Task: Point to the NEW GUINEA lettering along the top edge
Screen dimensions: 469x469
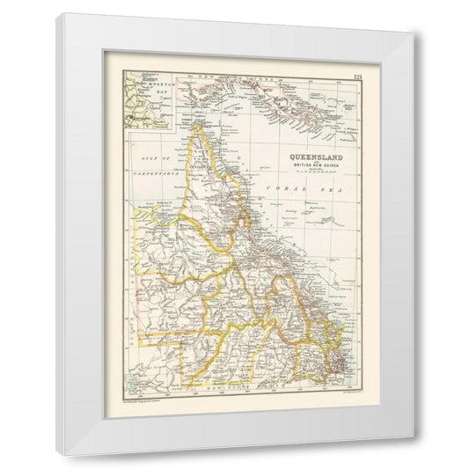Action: [x=211, y=80]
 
